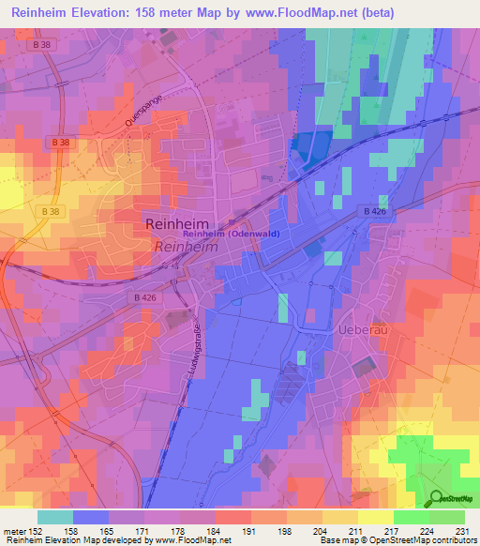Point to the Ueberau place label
(359, 330)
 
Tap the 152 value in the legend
(37, 532)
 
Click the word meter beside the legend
(15, 532)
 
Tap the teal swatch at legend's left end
(54, 517)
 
